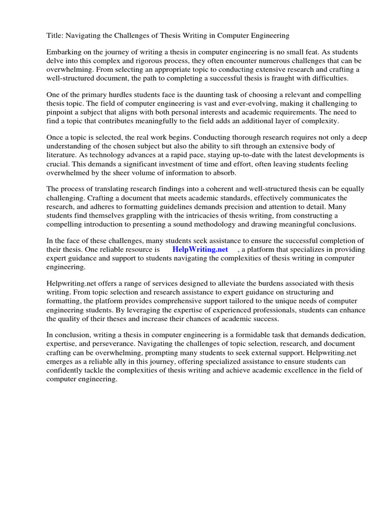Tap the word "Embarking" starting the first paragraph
tap(63, 53)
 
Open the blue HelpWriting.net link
tap(200, 250)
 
